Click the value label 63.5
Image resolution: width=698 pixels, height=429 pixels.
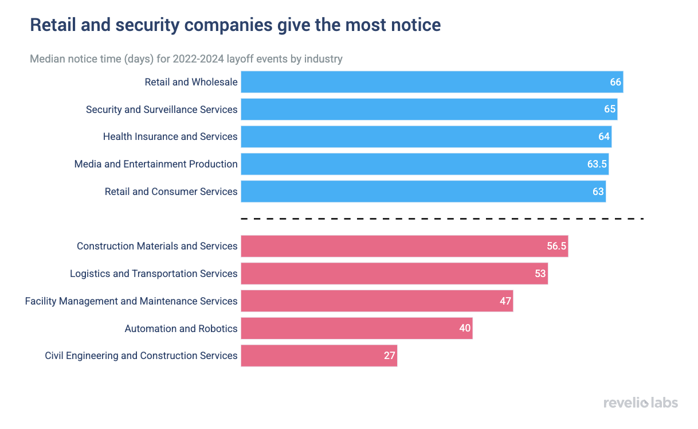point(597,164)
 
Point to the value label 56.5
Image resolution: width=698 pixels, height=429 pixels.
point(556,246)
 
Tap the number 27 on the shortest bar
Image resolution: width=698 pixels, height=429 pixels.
point(390,356)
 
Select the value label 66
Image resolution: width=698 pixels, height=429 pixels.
point(615,82)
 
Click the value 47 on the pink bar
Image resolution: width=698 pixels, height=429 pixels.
point(505,301)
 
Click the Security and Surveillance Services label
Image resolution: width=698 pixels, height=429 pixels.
point(162,110)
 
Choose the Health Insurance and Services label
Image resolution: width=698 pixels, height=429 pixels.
point(170,136)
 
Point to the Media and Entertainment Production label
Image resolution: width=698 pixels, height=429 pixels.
point(156,164)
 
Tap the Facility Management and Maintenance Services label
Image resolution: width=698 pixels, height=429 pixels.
point(131,301)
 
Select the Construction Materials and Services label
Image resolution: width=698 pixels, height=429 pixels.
point(157,246)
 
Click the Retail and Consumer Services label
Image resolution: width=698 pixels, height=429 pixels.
point(171,192)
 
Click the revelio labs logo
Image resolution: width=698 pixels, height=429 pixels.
point(640,403)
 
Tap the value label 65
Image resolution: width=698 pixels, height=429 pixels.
point(610,110)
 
